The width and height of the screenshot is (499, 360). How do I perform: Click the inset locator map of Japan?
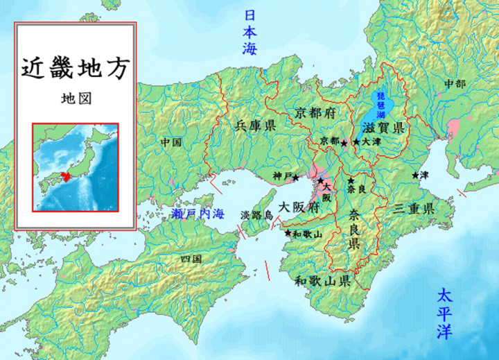click(x=76, y=166)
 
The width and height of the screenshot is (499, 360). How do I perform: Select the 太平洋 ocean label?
click(x=444, y=314)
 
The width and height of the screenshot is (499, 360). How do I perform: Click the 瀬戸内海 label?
click(x=199, y=214)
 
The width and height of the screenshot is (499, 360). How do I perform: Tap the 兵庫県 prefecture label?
click(x=255, y=126)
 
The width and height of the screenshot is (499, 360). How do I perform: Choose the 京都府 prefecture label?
click(x=313, y=112)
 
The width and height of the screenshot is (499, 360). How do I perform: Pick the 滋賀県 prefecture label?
click(x=383, y=127)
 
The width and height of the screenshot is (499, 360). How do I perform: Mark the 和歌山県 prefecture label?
click(x=321, y=281)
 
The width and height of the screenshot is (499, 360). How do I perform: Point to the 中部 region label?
click(x=455, y=83)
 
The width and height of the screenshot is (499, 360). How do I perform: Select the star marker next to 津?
click(x=416, y=175)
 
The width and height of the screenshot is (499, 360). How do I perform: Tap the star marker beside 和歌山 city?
click(x=288, y=234)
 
